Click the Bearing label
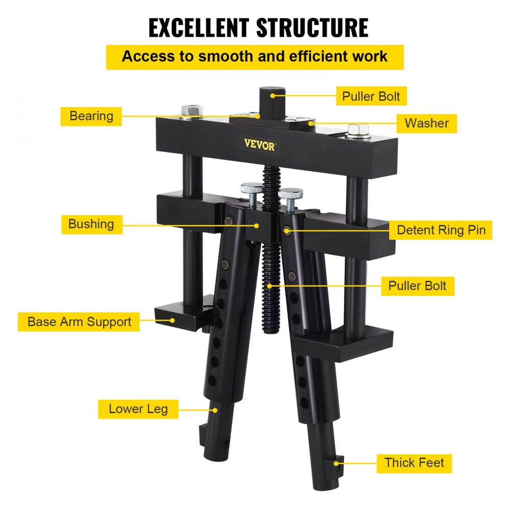pyautogui.click(x=91, y=116)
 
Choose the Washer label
pyautogui.click(x=426, y=123)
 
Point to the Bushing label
pyautogui.click(x=91, y=223)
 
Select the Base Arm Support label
pyautogui.click(x=79, y=322)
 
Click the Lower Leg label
pyautogui.click(x=138, y=409)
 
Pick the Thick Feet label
pyautogui.click(x=414, y=463)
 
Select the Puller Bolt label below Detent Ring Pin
pyautogui.click(x=417, y=286)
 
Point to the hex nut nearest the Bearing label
pyautogui.click(x=190, y=111)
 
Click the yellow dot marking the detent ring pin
pyautogui.click(x=288, y=231)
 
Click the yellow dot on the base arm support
pyautogui.click(x=173, y=321)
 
